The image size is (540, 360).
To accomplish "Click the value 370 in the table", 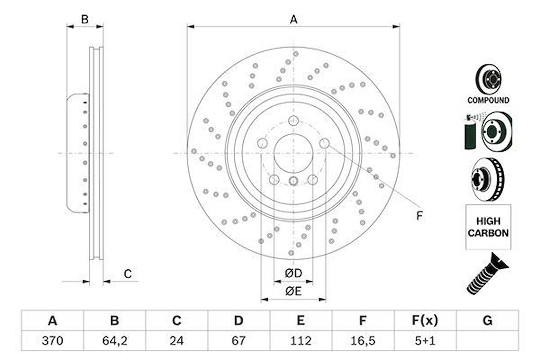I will [52, 341].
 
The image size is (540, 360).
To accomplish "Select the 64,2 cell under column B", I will [114, 341].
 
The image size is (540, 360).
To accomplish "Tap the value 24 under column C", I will [177, 341].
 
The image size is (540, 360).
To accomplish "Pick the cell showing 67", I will [238, 341].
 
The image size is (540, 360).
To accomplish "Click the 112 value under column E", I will [301, 341].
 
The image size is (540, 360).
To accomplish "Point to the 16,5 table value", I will [362, 341].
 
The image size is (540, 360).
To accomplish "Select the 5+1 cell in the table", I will [425, 341].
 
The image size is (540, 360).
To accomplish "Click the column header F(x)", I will [425, 321].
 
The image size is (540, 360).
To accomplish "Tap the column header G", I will [487, 321].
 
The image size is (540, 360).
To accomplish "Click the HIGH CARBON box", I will [488, 227].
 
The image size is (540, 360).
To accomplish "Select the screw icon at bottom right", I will [486, 273].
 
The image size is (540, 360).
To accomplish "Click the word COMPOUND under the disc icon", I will [488, 100].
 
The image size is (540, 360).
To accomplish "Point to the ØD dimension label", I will [293, 273].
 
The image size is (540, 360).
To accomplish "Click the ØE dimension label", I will [293, 291].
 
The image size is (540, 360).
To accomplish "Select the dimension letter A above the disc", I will [293, 19].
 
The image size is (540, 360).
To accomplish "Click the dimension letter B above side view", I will [85, 19].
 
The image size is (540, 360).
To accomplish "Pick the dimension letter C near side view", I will [128, 274].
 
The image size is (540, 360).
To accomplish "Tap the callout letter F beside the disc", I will [419, 216].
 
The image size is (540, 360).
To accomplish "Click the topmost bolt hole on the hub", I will [293, 121].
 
